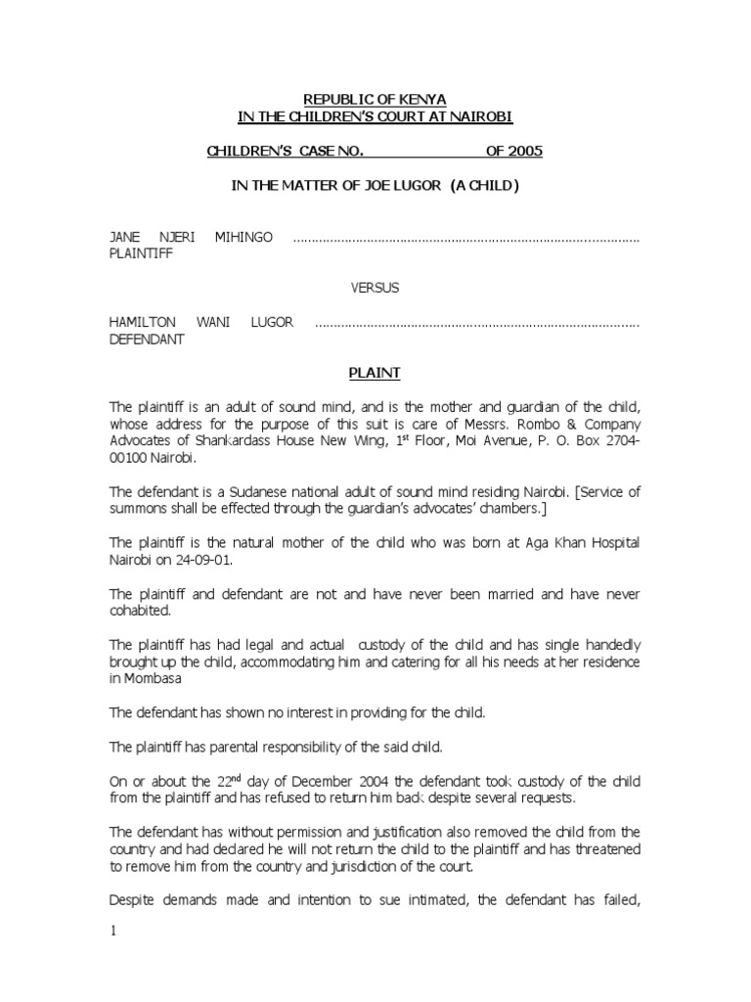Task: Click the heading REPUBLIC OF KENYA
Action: point(375,100)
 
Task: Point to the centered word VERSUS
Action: point(375,288)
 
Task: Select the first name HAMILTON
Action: point(139,322)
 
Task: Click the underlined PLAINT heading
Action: point(375,373)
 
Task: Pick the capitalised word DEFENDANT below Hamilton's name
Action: point(146,339)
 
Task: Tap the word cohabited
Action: point(140,611)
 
